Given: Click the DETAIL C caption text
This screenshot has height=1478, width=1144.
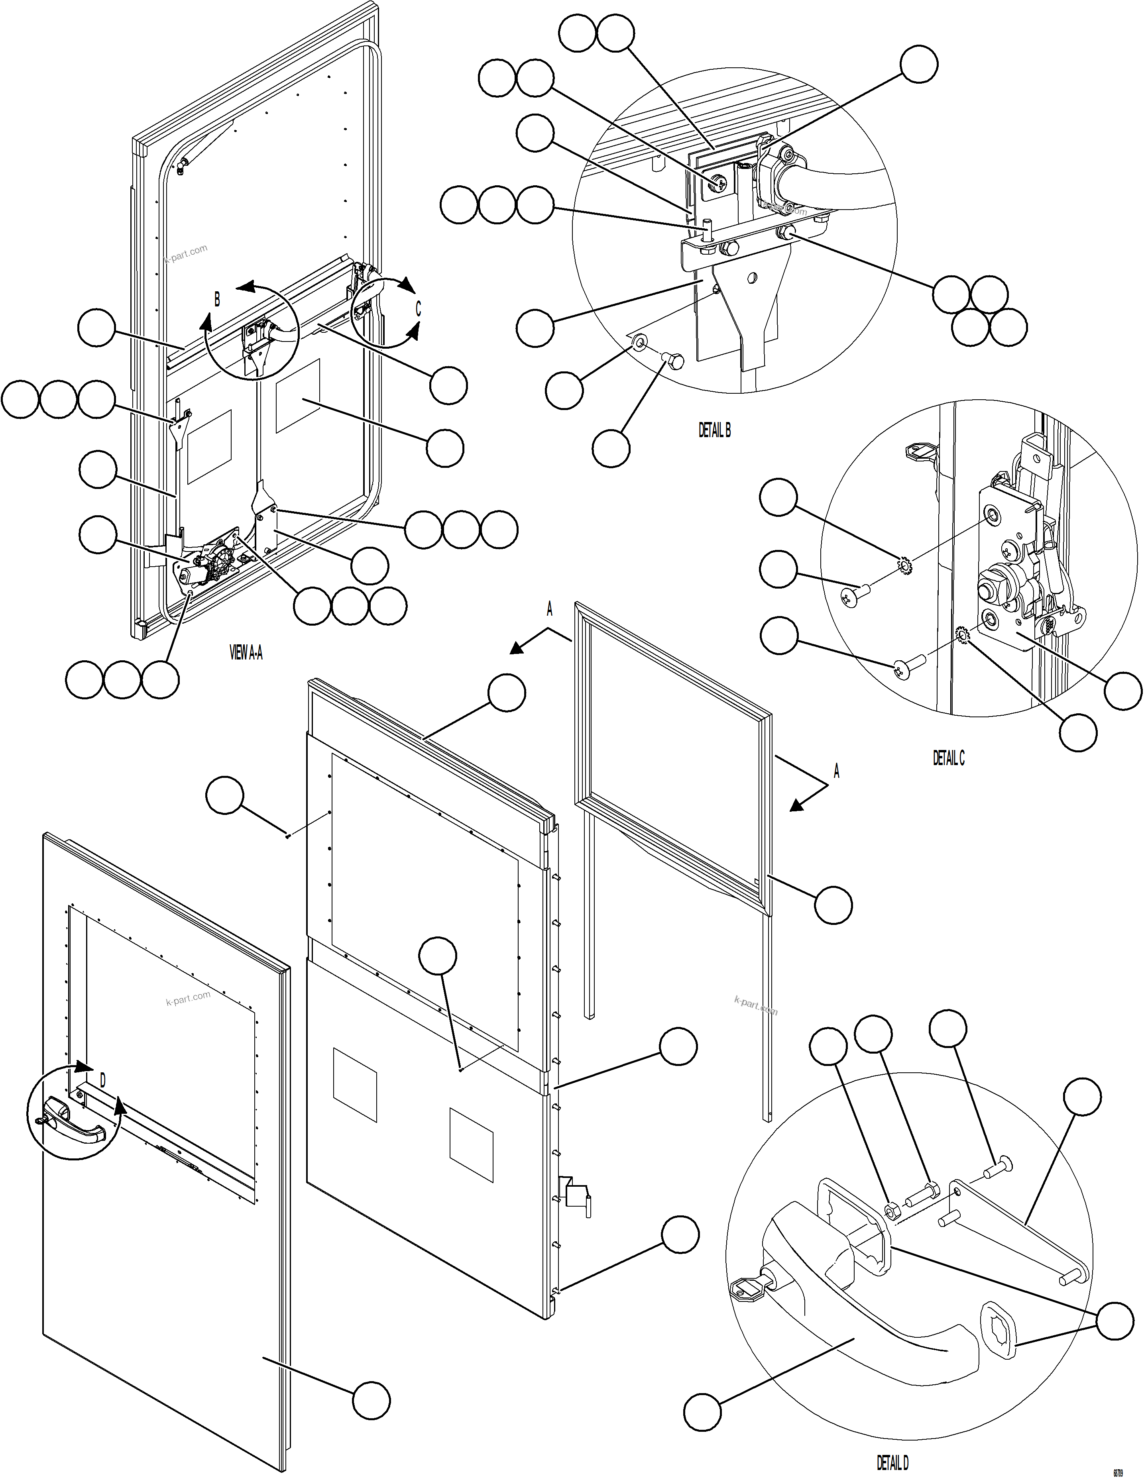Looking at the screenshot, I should tap(948, 759).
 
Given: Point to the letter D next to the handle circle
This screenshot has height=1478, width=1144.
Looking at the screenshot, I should tap(103, 1081).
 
